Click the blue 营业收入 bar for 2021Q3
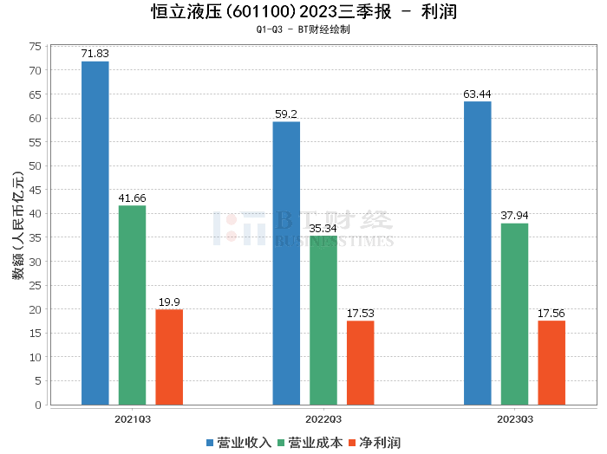(x=95, y=233)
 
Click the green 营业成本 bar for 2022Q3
(x=323, y=321)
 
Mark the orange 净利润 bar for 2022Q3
(x=361, y=363)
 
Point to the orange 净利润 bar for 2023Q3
(x=552, y=363)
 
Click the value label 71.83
(x=95, y=54)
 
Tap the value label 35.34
(x=323, y=228)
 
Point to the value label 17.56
(x=552, y=314)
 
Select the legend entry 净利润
(x=376, y=443)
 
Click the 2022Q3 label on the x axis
(x=323, y=418)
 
